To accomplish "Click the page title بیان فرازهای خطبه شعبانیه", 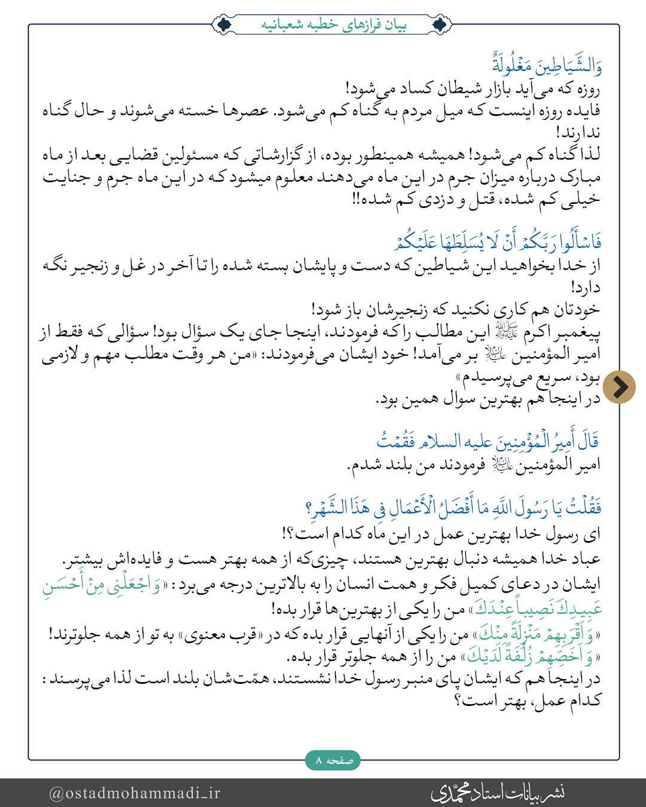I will [334, 25].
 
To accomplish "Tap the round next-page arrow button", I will [618, 387].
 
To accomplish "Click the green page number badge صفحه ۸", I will [333, 760].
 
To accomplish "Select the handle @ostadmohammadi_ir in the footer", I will [135, 793].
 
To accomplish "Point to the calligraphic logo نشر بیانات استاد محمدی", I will [498, 793].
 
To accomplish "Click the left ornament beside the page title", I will [224, 25].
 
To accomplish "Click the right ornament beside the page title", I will [441, 25].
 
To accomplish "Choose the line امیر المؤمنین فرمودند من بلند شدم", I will [474, 464].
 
